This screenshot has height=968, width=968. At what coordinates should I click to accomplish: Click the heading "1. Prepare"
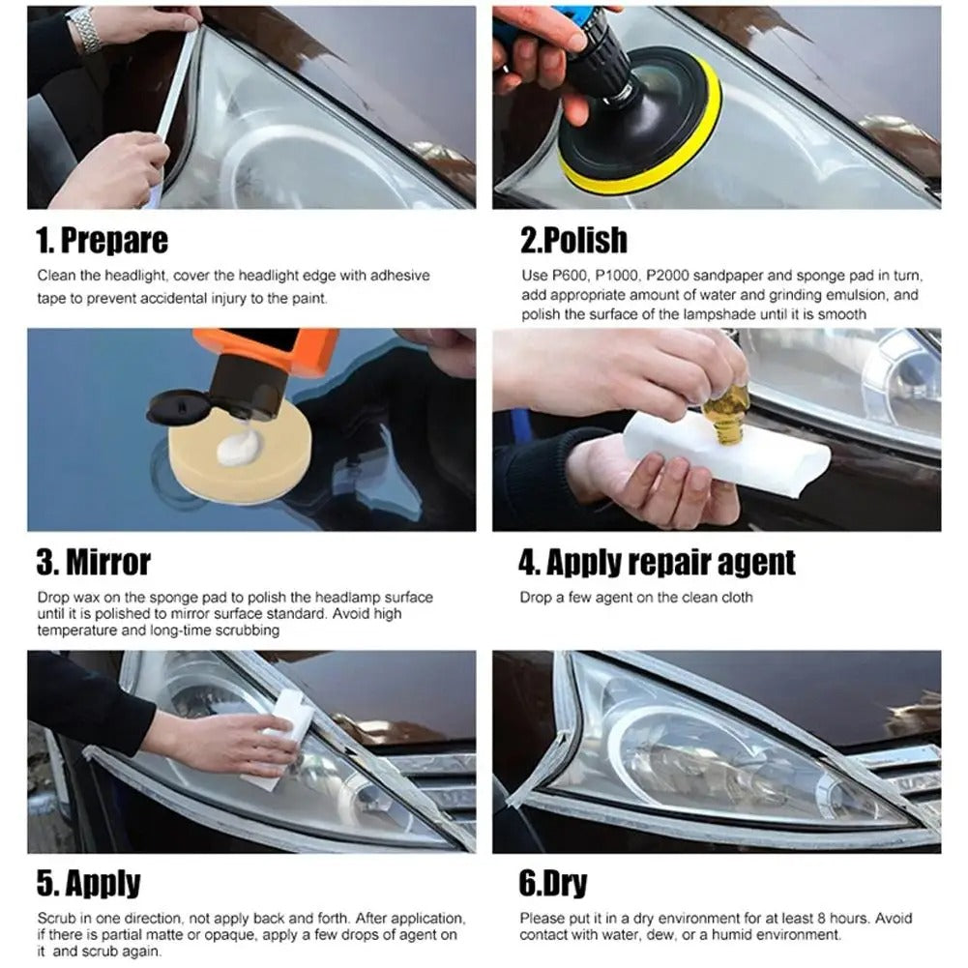pos(102,240)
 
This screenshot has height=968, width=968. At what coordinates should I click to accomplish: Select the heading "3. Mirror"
pos(94,562)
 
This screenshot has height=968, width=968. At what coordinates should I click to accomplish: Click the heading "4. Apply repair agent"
pos(658,562)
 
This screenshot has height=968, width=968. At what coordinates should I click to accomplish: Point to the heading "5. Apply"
pos(88,883)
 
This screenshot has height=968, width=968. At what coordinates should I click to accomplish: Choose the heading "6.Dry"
pos(553,883)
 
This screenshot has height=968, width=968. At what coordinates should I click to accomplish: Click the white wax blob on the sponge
pos(239,448)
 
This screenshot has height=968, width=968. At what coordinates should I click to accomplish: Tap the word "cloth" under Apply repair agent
pos(734,598)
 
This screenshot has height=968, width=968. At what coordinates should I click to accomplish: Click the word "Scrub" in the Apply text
pos(56,918)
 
